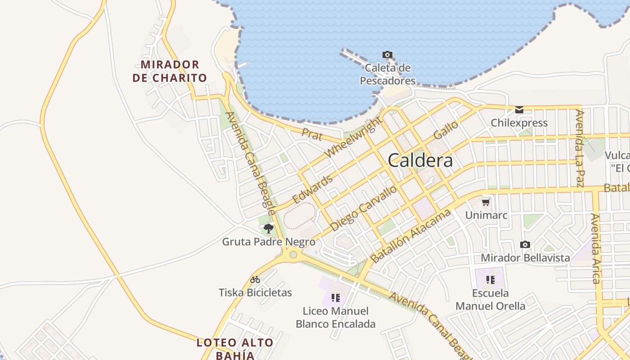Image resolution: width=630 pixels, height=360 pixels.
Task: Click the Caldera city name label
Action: tap(420, 160)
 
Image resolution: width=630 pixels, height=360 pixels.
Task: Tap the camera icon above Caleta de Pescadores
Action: tap(387, 55)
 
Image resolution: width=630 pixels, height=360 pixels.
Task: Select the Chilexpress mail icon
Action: tap(519, 109)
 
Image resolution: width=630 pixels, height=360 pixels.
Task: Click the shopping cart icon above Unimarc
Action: tap(486, 202)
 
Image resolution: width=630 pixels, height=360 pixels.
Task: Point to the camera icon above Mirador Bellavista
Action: tap(525, 245)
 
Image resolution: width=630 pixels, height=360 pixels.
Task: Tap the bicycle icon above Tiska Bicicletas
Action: tap(255, 279)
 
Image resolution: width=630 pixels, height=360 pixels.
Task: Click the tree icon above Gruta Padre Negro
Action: tap(269, 228)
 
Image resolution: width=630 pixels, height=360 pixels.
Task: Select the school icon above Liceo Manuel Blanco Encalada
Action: tap(335, 297)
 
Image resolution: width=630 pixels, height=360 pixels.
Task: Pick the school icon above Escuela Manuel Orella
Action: tap(490, 280)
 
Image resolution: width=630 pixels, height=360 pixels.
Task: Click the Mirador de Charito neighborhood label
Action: tap(170, 71)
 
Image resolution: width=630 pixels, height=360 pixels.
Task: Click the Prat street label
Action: tap(312, 134)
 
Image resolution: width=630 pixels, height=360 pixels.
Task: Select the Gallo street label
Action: tap(445, 130)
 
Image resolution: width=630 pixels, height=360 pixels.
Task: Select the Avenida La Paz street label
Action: tap(580, 148)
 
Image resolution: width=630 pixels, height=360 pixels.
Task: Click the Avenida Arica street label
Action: tap(596, 248)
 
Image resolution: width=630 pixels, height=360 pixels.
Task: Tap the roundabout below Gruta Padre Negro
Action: tap(293, 255)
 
